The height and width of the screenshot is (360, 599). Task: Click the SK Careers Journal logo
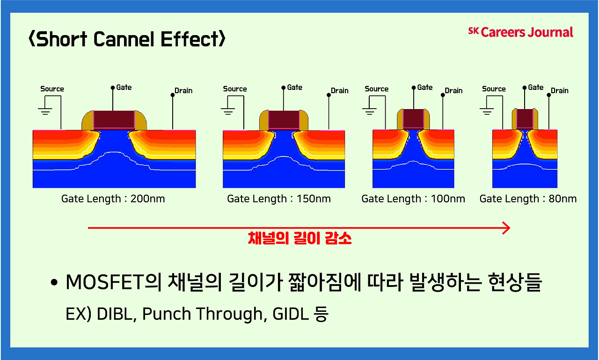point(520,32)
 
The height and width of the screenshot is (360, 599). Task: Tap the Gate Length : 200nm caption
point(113,199)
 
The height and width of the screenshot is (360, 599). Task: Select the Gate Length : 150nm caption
point(278,199)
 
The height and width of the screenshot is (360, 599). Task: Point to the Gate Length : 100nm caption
point(413,199)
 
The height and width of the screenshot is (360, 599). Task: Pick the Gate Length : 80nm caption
point(528,199)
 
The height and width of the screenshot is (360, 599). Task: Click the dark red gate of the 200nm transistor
point(114,120)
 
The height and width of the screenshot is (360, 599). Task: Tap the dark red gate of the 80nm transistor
point(524,119)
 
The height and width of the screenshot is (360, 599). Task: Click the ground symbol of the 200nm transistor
point(45,111)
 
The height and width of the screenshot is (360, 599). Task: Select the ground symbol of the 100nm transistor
point(369,111)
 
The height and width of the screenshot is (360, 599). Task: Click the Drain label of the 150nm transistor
point(340,90)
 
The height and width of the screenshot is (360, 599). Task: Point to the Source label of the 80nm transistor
point(494,89)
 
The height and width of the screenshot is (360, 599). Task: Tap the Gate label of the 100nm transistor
point(425,88)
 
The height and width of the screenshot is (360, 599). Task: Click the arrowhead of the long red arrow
point(505,228)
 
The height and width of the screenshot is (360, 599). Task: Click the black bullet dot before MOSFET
point(54,284)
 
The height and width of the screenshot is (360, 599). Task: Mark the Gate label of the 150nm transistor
point(295,88)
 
